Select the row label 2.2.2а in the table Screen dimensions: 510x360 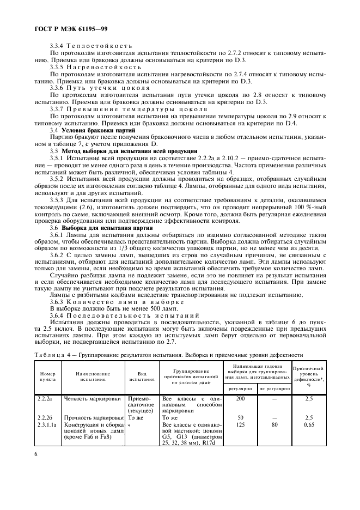tap(44, 399)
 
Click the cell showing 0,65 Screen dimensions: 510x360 tap(308, 425)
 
